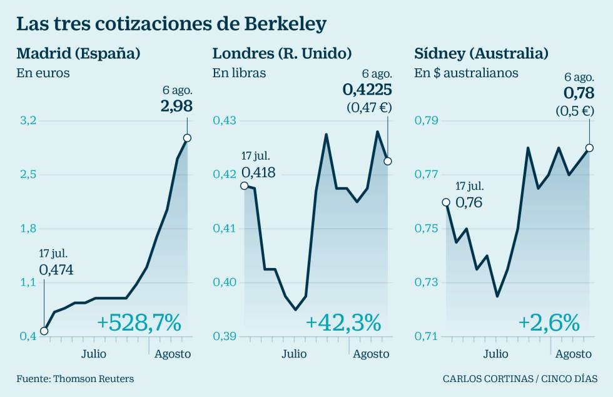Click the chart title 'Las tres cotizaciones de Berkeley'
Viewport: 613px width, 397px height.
coord(171,24)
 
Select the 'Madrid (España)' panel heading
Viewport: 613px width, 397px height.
coord(78,53)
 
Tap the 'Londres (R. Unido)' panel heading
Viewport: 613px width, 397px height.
coord(282,53)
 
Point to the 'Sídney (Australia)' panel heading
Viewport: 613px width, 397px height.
coord(481,53)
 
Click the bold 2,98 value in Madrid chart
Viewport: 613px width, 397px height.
coord(176,106)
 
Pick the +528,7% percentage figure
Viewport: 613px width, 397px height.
coord(139,323)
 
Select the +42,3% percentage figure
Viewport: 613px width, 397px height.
coord(343,323)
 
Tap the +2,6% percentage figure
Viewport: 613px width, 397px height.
coord(549,323)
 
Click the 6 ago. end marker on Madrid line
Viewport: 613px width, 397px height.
coord(187,138)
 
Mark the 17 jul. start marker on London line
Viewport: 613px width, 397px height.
coord(244,185)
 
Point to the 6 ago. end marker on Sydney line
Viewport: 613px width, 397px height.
coord(589,148)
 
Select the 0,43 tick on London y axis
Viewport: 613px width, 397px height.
coord(224,120)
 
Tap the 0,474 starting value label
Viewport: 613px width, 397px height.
coord(56,270)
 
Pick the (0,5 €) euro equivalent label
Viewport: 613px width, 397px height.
coord(574,111)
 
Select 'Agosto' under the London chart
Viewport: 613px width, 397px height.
coord(371,354)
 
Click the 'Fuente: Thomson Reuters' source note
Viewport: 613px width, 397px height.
coord(75,378)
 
